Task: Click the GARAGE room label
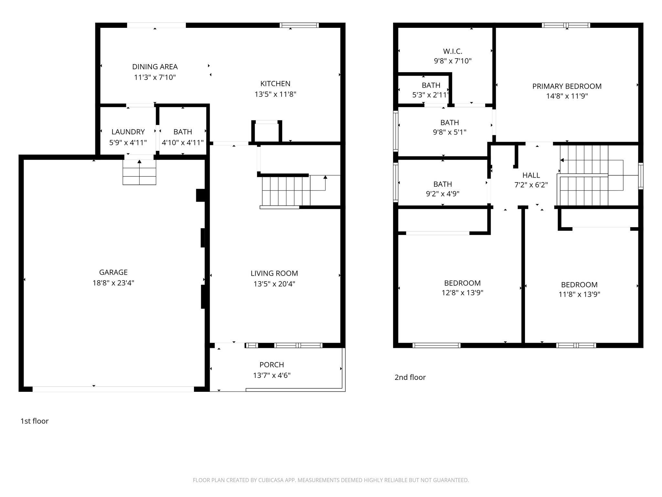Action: pyautogui.click(x=113, y=272)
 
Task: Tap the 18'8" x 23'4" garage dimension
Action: pyautogui.click(x=113, y=283)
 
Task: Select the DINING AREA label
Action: pyautogui.click(x=155, y=67)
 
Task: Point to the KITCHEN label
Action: pyautogui.click(x=275, y=83)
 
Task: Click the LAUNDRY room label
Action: pyautogui.click(x=128, y=132)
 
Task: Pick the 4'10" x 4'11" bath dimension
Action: pyautogui.click(x=183, y=142)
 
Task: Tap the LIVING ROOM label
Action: pyautogui.click(x=274, y=273)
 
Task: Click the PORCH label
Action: pyautogui.click(x=272, y=365)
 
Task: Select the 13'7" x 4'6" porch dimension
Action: pyautogui.click(x=272, y=375)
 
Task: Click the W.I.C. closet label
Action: pyautogui.click(x=453, y=51)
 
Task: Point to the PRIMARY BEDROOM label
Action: pyautogui.click(x=567, y=86)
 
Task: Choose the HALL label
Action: pyautogui.click(x=531, y=175)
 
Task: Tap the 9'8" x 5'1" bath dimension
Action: pyautogui.click(x=449, y=132)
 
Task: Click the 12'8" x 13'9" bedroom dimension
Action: pyautogui.click(x=462, y=293)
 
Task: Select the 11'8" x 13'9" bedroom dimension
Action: pyautogui.click(x=579, y=294)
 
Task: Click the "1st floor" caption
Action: pyautogui.click(x=35, y=421)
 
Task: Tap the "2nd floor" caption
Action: pyautogui.click(x=410, y=377)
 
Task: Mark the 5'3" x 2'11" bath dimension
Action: pyautogui.click(x=431, y=95)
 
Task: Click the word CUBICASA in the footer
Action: pyautogui.click(x=271, y=480)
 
